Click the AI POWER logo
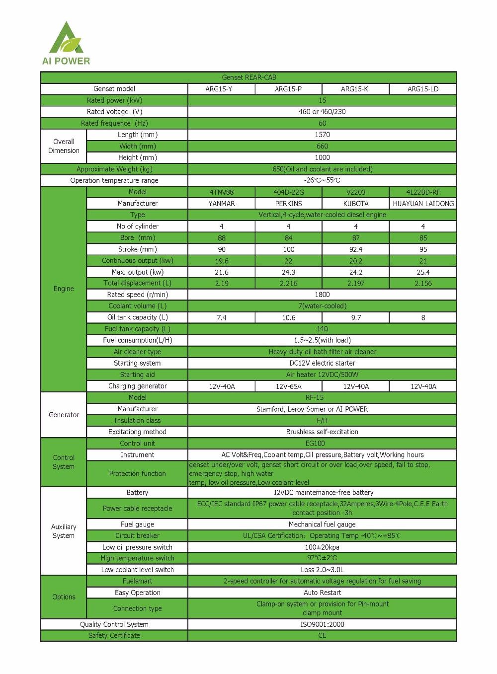66,44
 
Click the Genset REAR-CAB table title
248,77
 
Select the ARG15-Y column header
219,89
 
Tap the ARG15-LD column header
423,89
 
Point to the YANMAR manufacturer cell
222,204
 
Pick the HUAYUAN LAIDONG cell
423,204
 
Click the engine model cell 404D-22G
288,192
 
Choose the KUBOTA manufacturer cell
356,204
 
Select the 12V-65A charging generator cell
288,386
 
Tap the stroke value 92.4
356,249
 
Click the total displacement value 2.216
288,284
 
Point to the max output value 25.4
423,272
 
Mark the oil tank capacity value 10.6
288,318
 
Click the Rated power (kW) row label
114,100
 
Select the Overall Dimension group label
64,146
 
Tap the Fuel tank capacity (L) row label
137,329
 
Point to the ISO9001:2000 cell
322,624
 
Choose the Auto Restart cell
322,593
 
